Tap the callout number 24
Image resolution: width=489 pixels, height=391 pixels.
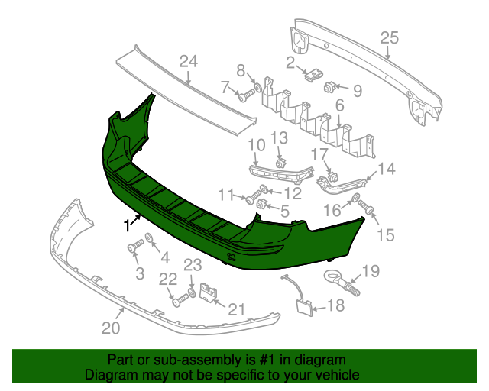pos(189,62)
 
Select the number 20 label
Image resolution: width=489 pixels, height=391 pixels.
pos(111,329)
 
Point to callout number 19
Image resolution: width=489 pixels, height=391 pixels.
pos(371,270)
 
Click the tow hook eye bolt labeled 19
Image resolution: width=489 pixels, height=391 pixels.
pos(340,280)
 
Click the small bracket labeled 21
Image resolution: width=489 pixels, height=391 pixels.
pos(206,292)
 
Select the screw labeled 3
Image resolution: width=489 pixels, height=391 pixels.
pos(135,247)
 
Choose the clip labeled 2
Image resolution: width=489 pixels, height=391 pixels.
pos(311,75)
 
